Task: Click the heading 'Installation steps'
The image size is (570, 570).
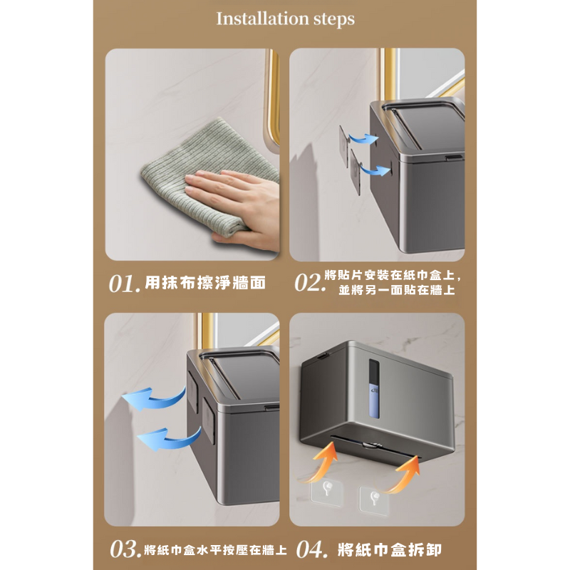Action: (x=286, y=19)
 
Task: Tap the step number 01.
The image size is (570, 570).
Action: (x=124, y=284)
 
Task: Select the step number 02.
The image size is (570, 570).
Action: (x=310, y=282)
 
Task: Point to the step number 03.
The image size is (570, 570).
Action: (x=125, y=549)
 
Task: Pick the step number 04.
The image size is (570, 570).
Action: (x=312, y=549)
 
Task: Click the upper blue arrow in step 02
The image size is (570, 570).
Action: (x=363, y=138)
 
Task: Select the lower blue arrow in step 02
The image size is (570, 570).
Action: (x=375, y=169)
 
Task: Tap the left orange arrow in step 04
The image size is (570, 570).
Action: (x=321, y=462)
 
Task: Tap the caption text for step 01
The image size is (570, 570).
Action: (x=205, y=283)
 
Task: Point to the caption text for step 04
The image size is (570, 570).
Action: (x=389, y=549)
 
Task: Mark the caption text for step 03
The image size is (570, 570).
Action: (x=215, y=549)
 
